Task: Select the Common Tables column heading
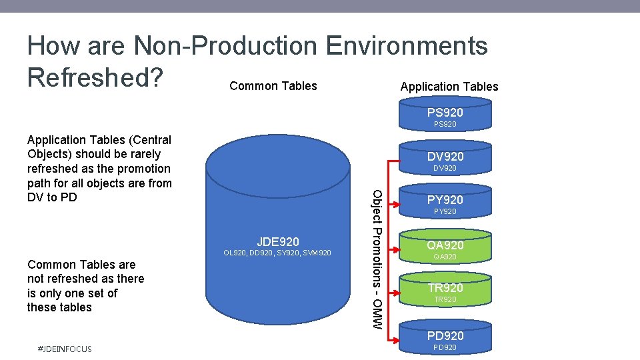click(x=273, y=86)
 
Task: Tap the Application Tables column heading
click(x=449, y=87)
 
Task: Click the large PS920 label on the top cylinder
click(x=445, y=113)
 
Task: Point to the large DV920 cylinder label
click(x=445, y=157)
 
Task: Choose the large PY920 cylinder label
click(x=445, y=200)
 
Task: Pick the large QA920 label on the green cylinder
click(x=445, y=245)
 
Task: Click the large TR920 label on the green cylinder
click(x=445, y=288)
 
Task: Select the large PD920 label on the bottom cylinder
click(x=445, y=336)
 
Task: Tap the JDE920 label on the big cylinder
click(x=278, y=241)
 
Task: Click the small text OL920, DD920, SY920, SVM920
click(x=278, y=253)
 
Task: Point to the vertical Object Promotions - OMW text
click(x=377, y=259)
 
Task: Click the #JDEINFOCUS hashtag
click(x=66, y=349)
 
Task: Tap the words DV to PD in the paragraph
click(x=52, y=197)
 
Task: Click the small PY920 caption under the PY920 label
click(x=445, y=212)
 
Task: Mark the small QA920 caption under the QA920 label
click(x=445, y=257)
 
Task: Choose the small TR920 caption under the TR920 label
click(x=445, y=300)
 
